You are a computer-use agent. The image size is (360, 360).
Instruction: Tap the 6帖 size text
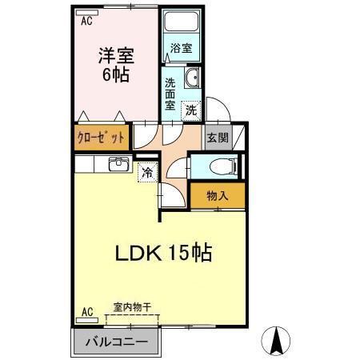(x=115, y=77)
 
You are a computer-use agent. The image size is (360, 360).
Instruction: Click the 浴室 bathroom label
(x=181, y=48)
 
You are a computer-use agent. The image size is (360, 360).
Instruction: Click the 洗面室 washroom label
(x=171, y=93)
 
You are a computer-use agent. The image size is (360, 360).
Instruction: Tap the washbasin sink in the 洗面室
(x=192, y=78)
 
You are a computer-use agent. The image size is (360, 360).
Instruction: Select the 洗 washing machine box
(x=191, y=110)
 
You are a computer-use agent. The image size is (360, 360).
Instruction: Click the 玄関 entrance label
(x=218, y=138)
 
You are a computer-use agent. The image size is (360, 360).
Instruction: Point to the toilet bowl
(x=226, y=166)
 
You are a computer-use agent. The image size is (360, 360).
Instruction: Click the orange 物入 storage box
(x=217, y=194)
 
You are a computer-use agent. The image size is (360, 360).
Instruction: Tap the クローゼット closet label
(x=101, y=137)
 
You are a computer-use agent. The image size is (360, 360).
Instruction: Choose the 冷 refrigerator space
(x=147, y=171)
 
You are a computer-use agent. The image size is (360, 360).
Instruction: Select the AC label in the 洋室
(x=86, y=22)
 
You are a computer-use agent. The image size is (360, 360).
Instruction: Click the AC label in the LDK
(x=87, y=311)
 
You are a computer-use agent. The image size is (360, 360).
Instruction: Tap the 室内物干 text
(x=132, y=307)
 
